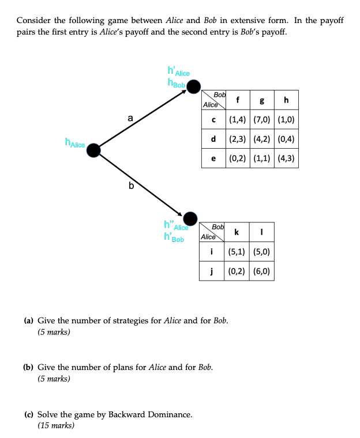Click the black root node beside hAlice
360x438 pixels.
pyautogui.click(x=93, y=150)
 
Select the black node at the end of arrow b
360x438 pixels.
pyautogui.click(x=190, y=218)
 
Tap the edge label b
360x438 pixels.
pyautogui.click(x=130, y=185)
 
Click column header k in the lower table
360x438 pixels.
pyautogui.click(x=237, y=232)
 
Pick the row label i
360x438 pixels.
pyautogui.click(x=212, y=252)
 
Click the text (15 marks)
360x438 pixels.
pyautogui.click(x=56, y=425)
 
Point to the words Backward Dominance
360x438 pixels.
pyautogui.click(x=156, y=414)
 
